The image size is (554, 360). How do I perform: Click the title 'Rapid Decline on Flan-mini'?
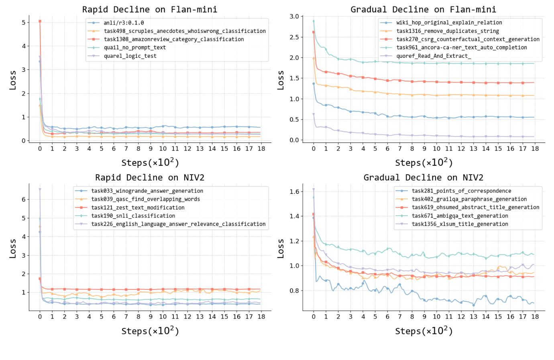click(x=149, y=9)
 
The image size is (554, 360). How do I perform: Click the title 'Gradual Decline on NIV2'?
click(x=423, y=177)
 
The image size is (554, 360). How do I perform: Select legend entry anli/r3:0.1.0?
click(x=124, y=23)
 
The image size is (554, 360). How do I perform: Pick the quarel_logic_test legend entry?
click(x=130, y=56)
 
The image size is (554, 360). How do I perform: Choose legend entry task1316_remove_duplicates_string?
click(x=447, y=31)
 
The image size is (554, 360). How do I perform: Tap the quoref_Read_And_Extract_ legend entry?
click(x=434, y=56)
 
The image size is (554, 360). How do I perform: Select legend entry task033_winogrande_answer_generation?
click(x=147, y=191)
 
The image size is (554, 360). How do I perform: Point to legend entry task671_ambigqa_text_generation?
click(x=460, y=216)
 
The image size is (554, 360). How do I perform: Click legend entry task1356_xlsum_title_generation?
click(x=460, y=224)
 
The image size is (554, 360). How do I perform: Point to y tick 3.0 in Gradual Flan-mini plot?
click(x=294, y=16)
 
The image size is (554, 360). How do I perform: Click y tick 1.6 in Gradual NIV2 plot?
click(x=294, y=191)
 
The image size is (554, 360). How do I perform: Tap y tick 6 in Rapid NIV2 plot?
click(x=24, y=199)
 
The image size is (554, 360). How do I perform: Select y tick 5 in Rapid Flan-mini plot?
click(x=24, y=22)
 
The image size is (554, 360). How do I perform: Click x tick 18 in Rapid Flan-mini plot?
click(x=261, y=148)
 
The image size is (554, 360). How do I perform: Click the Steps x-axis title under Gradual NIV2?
click(x=424, y=331)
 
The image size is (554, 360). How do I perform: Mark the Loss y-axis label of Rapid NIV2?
click(x=12, y=248)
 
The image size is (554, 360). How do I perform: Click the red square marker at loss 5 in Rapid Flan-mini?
click(x=40, y=21)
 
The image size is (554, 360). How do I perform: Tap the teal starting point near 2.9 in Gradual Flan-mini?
click(x=314, y=21)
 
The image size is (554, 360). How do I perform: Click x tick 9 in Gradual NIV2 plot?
click(x=424, y=317)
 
